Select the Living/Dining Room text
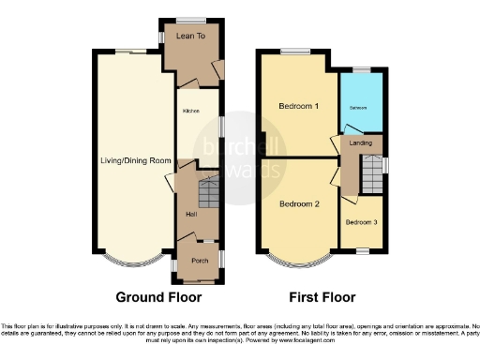point(136,161)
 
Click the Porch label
point(200,260)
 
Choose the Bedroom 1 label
point(299,107)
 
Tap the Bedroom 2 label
point(299,203)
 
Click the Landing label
point(360,143)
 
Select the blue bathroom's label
point(360,108)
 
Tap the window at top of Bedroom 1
point(298,50)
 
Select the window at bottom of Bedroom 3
point(362,249)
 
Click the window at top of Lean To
point(193,20)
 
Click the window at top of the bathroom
point(361,71)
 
